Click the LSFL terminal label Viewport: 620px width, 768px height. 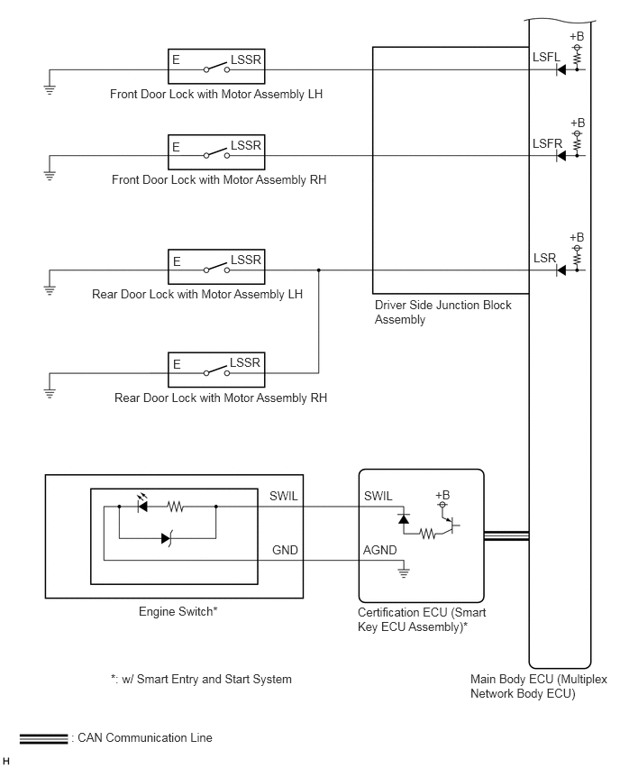coord(546,57)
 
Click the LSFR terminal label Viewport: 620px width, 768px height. coord(547,143)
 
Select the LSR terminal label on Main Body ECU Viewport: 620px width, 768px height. coord(544,258)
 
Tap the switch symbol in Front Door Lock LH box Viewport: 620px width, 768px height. coord(217,68)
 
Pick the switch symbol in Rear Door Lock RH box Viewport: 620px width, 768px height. coord(217,370)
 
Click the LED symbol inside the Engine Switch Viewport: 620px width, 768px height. coord(142,504)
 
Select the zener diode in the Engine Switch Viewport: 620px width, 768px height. coord(167,539)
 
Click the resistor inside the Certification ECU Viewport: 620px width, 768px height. coord(427,534)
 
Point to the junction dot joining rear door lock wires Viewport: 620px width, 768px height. coord(319,270)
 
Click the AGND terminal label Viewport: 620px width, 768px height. coord(379,550)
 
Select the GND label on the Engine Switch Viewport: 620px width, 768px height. coord(285,550)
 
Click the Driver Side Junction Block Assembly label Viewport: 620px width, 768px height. coord(442,312)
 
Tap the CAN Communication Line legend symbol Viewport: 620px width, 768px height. coord(43,738)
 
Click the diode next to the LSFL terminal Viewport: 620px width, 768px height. coord(561,69)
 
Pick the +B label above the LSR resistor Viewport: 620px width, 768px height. coord(577,238)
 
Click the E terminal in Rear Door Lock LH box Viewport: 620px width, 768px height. coord(177,261)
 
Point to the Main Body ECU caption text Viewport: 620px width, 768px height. coord(538,686)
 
